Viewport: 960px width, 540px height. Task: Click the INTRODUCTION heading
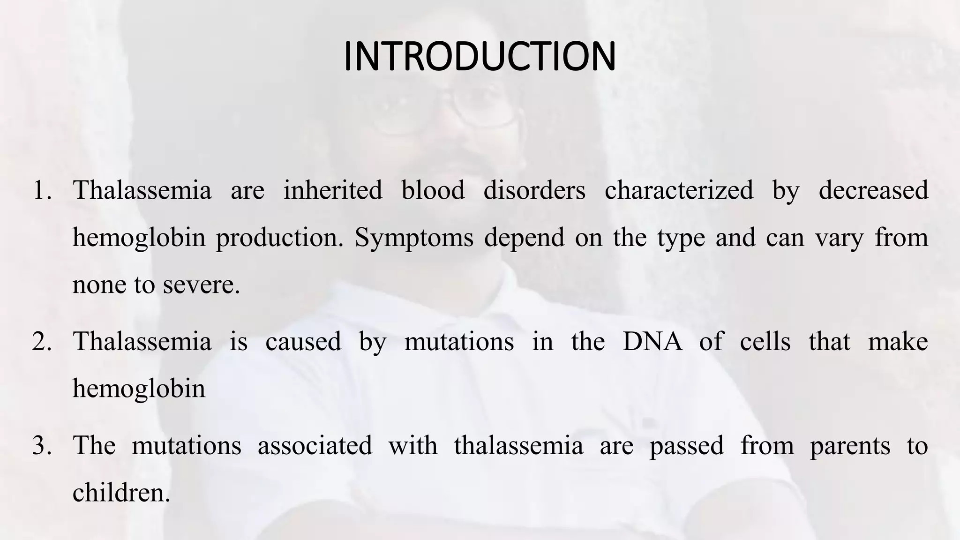480,57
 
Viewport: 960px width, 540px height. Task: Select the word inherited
333,190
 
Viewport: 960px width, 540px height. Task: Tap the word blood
433,190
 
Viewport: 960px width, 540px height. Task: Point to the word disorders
534,190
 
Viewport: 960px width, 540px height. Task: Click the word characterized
679,190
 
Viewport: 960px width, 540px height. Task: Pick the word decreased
873,190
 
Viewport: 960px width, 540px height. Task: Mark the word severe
201,285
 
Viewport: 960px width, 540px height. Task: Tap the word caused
303,341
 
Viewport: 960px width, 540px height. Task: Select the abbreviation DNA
652,341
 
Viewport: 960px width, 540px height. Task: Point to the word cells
765,341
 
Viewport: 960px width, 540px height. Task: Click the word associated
315,445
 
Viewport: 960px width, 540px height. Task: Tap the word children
121,492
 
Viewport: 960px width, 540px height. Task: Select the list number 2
42,342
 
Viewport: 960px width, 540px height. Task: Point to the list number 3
42,446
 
